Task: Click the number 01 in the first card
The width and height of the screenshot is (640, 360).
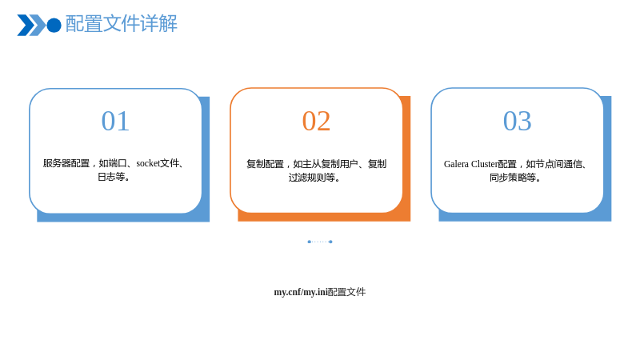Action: [x=115, y=122]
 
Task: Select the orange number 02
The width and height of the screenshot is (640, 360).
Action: [x=316, y=122]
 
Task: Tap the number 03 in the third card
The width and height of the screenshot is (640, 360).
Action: [x=517, y=122]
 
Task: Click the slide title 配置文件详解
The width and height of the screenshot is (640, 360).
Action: [x=122, y=24]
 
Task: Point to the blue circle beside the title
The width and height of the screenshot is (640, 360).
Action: [x=54, y=26]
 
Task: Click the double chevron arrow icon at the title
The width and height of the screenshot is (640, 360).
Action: [x=31, y=26]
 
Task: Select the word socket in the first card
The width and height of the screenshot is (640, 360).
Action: [x=148, y=163]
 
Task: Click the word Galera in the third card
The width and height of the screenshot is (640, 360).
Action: [x=456, y=164]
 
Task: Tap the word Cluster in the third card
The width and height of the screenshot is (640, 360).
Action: [x=485, y=164]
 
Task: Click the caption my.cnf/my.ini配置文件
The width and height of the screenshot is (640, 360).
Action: [x=319, y=292]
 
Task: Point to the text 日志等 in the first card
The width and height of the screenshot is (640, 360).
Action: [x=111, y=177]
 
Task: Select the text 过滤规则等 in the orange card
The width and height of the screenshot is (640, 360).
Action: [x=312, y=178]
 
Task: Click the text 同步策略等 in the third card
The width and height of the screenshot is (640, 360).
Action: [x=513, y=178]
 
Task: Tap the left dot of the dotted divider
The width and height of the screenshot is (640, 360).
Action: [x=309, y=242]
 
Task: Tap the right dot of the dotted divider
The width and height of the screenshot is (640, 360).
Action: [x=330, y=242]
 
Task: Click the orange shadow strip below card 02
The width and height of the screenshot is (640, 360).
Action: [x=324, y=217]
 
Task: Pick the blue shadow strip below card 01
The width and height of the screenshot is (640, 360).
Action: [x=123, y=218]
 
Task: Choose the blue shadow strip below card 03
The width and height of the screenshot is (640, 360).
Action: [x=525, y=217]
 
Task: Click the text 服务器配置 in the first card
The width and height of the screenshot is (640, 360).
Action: [x=66, y=163]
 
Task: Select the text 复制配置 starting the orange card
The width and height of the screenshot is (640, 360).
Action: [x=265, y=164]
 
